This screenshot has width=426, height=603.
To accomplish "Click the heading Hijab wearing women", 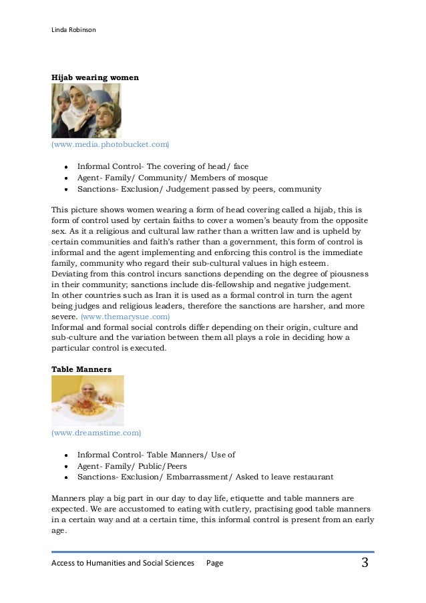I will [95, 77].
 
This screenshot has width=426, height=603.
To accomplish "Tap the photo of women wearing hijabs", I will [86, 111].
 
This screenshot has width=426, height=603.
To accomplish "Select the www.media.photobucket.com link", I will [110, 144].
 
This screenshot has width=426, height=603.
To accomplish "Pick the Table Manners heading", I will [81, 368].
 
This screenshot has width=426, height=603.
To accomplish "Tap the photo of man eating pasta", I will [87, 401].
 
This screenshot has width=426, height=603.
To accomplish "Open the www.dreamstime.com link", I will [96, 433].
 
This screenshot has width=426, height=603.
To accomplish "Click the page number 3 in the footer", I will [365, 563].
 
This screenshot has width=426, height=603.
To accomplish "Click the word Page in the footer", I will [214, 564].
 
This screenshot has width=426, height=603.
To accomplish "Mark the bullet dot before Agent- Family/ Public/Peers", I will [67, 466].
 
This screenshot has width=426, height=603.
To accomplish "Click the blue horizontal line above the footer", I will [212, 552].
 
